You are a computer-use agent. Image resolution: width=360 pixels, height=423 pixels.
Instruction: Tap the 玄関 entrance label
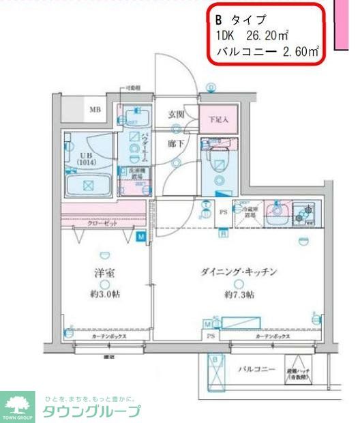point(176,115)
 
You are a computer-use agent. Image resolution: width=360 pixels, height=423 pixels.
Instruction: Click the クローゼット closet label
point(102,224)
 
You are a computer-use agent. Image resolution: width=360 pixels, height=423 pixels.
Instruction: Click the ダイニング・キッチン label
point(239,272)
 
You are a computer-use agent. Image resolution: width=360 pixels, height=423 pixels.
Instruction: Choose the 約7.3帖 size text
point(239,295)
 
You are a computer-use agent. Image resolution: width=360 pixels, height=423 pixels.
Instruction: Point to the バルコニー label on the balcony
point(256,370)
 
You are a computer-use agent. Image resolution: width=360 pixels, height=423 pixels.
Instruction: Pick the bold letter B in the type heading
point(219,20)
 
